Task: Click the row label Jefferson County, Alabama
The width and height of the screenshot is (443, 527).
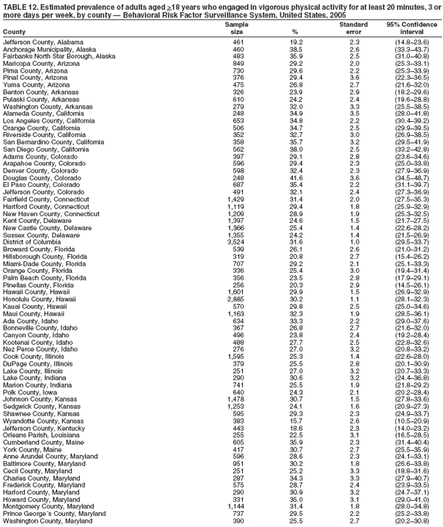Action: (x=38, y=42)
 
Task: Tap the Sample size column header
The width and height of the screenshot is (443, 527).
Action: (x=237, y=28)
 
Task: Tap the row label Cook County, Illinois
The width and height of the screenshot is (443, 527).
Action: (x=32, y=357)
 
